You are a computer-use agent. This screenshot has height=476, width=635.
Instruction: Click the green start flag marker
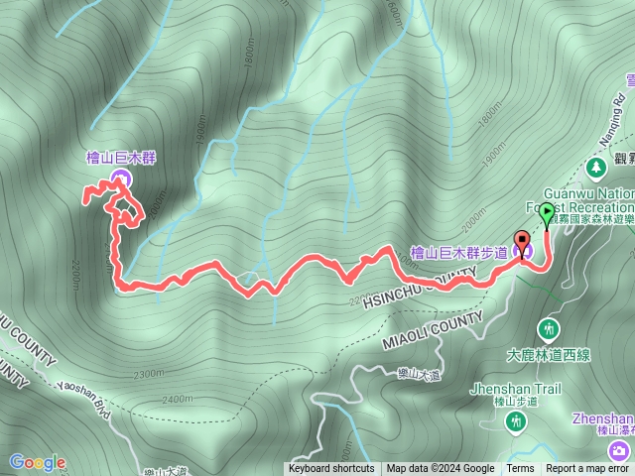(546, 211)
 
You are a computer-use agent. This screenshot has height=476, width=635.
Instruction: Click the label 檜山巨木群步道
(458, 253)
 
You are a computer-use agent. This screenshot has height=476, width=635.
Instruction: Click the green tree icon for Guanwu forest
(596, 167)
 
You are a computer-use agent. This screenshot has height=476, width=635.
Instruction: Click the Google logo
(38, 462)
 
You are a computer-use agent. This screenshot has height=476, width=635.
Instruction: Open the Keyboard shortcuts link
(331, 469)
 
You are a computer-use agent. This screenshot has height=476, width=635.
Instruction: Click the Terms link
(520, 469)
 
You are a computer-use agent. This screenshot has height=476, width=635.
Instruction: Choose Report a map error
(588, 469)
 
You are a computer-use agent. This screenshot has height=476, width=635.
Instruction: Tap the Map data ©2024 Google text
(441, 469)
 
